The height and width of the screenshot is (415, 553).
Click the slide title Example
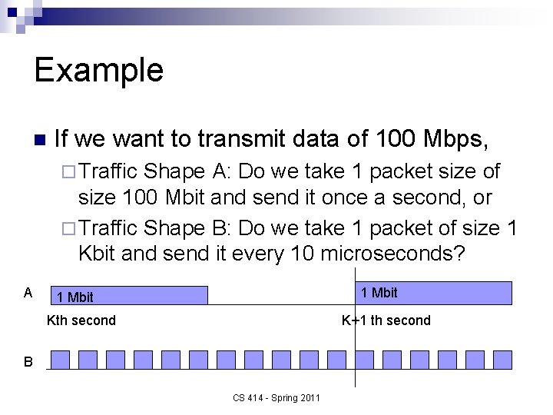98,70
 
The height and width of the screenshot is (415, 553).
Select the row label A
28,292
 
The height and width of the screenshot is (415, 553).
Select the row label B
28,361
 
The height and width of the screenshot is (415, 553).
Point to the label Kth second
81,320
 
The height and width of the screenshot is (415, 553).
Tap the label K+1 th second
386,320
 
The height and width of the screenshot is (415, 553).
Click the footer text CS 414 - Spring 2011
276,397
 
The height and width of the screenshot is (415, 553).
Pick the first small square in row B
61,360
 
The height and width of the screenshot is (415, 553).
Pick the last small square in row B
502,360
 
